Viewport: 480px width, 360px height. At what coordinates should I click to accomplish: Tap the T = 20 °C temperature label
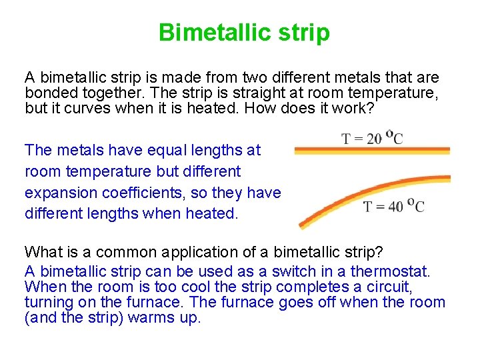point(372,139)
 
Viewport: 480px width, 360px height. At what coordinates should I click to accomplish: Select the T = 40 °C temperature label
point(393,207)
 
